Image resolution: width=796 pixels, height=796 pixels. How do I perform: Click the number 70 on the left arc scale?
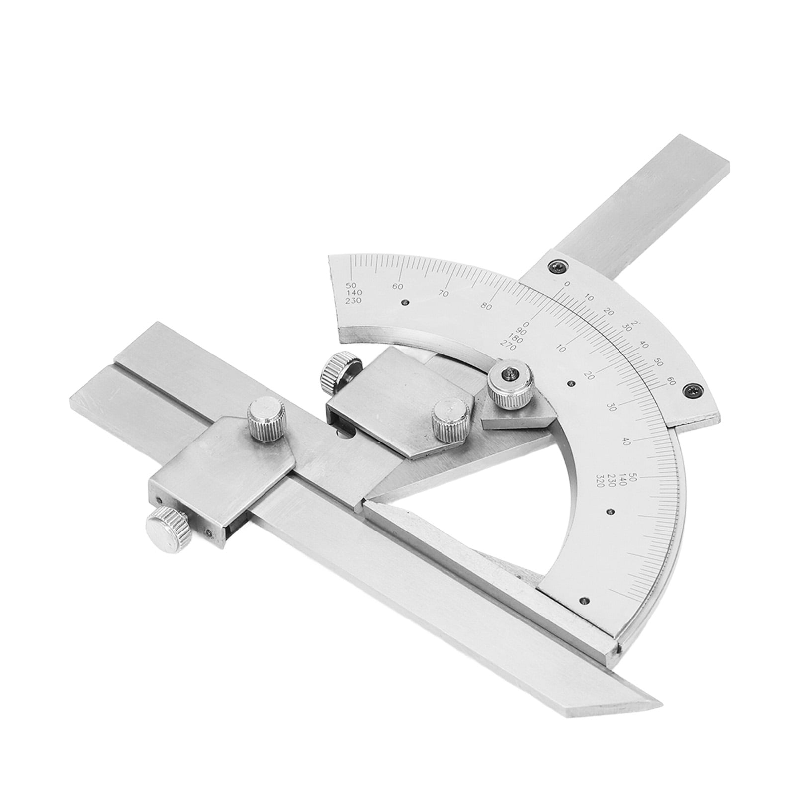(x=443, y=294)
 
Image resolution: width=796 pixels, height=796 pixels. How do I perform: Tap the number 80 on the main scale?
(x=487, y=307)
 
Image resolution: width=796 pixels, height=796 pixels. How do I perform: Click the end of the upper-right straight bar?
(x=696, y=154)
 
